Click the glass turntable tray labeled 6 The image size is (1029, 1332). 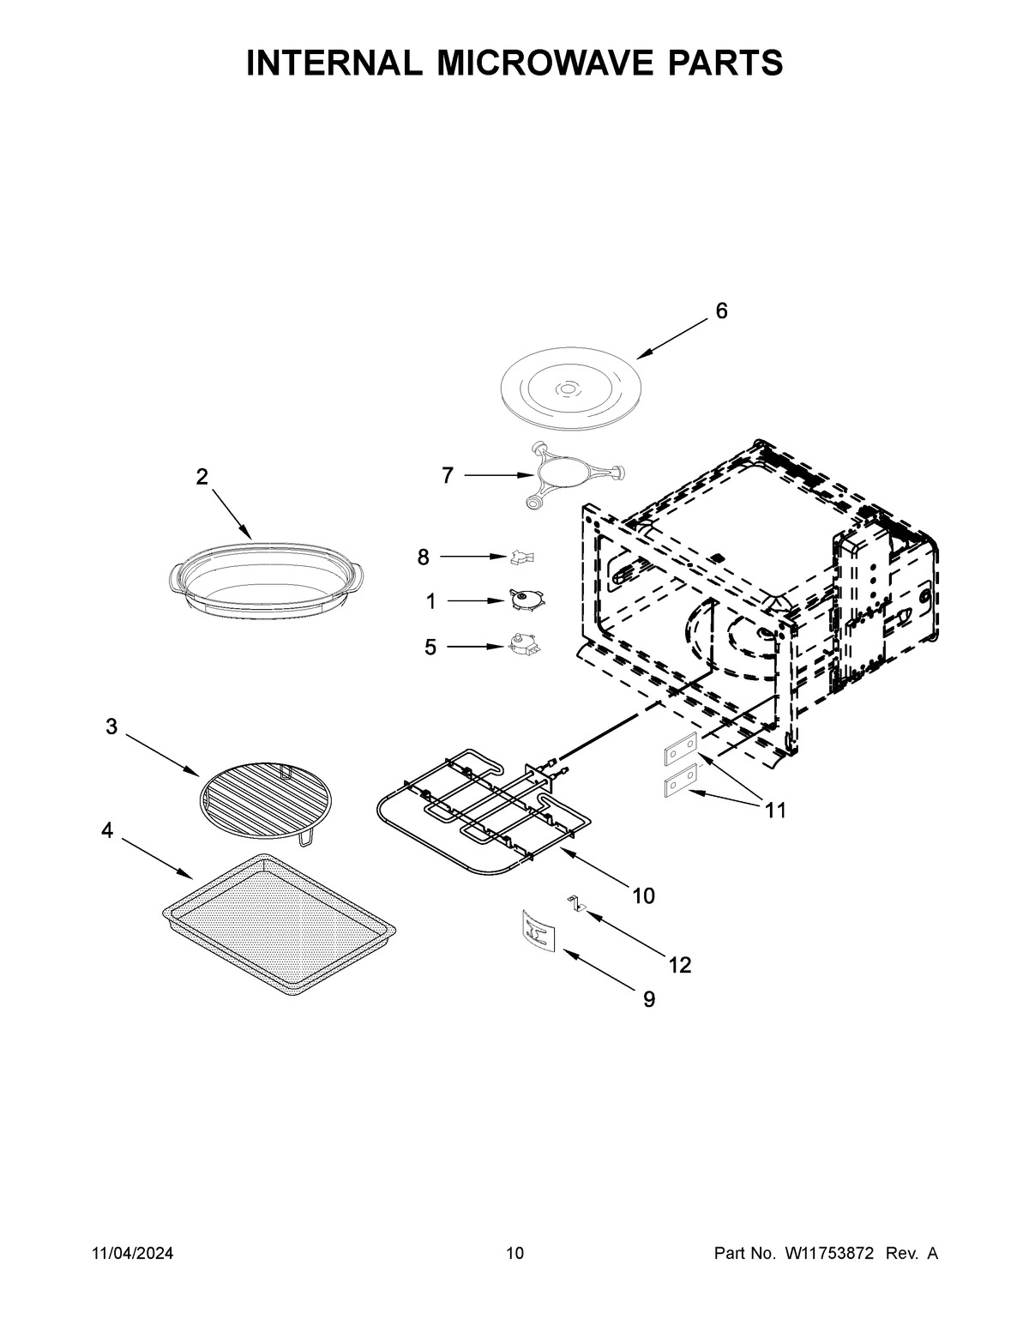566,390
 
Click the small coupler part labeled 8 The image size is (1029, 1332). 521,558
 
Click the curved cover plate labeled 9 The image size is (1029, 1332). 538,931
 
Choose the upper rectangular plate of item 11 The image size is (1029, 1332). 681,752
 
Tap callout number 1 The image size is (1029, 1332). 430,602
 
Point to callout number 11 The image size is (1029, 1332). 775,810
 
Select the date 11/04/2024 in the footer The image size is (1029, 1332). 132,1254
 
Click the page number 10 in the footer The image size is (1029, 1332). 514,1254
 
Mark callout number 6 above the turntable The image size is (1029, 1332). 721,311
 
